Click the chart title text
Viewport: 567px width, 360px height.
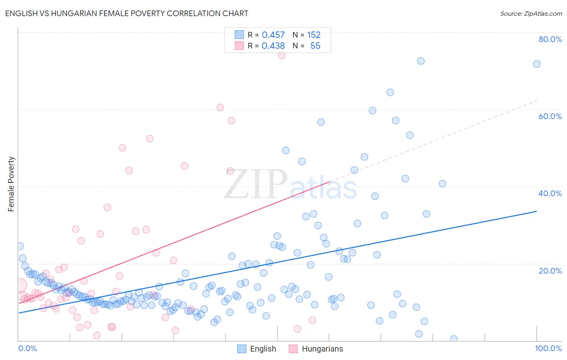pyautogui.click(x=127, y=13)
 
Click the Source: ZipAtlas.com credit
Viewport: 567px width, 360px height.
pyautogui.click(x=531, y=13)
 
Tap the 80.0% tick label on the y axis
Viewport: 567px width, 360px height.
pyautogui.click(x=550, y=39)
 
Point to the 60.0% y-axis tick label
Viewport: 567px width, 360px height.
pyautogui.click(x=550, y=116)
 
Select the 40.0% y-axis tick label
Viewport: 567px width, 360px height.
pyautogui.click(x=550, y=193)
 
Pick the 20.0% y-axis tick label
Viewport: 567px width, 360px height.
pyautogui.click(x=550, y=271)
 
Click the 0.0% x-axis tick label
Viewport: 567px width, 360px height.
pyautogui.click(x=27, y=348)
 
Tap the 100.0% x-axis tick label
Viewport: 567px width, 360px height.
pyautogui.click(x=548, y=348)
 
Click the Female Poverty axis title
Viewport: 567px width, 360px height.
pyautogui.click(x=11, y=184)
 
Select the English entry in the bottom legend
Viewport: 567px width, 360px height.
pyautogui.click(x=263, y=349)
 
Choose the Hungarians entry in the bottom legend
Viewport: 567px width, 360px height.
pyautogui.click(x=322, y=349)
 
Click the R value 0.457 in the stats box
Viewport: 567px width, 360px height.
pyautogui.click(x=273, y=35)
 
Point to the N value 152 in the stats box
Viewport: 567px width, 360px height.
pyautogui.click(x=313, y=35)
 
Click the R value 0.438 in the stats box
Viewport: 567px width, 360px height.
pyautogui.click(x=273, y=46)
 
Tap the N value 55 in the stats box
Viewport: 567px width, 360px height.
pyautogui.click(x=315, y=46)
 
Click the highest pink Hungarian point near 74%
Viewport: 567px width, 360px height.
pyautogui.click(x=282, y=55)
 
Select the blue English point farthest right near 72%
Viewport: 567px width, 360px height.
pyautogui.click(x=537, y=64)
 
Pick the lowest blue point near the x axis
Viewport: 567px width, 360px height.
pyautogui.click(x=454, y=339)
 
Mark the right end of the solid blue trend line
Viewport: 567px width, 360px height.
pyautogui.click(x=537, y=211)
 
